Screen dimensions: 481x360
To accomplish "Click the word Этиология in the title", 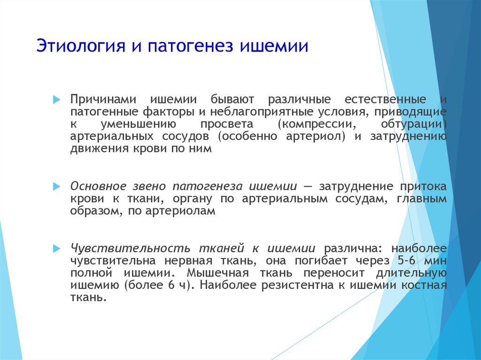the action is [x=81, y=46].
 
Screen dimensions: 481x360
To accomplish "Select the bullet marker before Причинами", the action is [x=57, y=100].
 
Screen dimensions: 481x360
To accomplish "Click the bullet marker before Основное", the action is [x=57, y=186].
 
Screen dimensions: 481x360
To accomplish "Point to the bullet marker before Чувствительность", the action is [x=57, y=248].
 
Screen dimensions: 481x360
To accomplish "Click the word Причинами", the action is [x=103, y=100].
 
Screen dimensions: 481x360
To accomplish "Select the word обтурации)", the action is [x=414, y=124].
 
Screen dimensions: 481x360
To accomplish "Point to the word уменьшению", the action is [x=138, y=124].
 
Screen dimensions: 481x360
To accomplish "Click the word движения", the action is [x=100, y=149].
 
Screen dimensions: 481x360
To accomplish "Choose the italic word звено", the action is [x=148, y=186].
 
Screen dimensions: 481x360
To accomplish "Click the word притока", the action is [x=423, y=187].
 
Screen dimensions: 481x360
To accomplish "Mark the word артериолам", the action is [x=180, y=211].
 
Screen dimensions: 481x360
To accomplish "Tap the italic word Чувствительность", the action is [x=130, y=248].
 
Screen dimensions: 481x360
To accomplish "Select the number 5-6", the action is [x=406, y=260].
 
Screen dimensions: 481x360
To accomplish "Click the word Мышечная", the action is [x=218, y=273].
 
